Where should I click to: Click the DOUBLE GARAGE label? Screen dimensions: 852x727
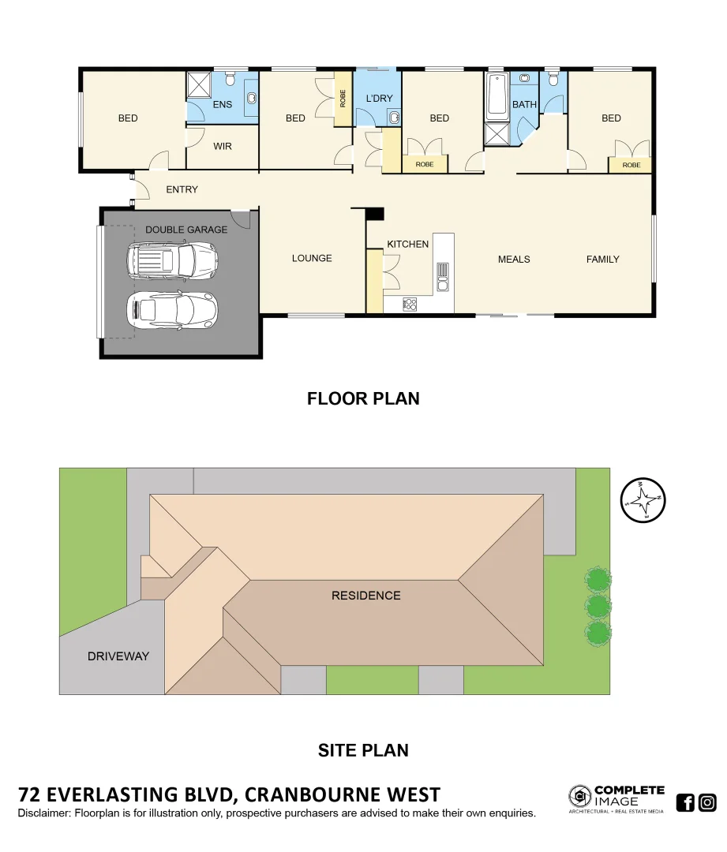click(x=185, y=230)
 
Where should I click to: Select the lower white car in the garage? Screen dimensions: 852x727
click(x=172, y=310)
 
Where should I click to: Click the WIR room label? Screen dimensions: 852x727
click(x=223, y=146)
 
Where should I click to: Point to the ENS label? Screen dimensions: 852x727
click(x=223, y=104)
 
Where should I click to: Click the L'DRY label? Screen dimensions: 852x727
click(x=379, y=99)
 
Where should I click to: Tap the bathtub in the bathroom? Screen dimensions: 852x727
click(x=497, y=97)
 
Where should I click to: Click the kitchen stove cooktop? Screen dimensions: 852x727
click(x=410, y=303)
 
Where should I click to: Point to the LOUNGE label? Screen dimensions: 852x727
click(x=311, y=258)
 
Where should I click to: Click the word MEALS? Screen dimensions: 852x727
click(x=514, y=259)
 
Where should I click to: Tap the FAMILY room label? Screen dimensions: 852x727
click(x=602, y=259)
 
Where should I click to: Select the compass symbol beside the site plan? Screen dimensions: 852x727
click(x=643, y=499)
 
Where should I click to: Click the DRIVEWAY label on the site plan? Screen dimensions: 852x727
click(x=118, y=656)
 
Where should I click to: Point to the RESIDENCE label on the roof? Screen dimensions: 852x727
click(x=365, y=596)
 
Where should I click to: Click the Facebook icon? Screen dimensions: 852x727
click(x=685, y=803)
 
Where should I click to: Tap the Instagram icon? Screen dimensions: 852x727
click(x=708, y=803)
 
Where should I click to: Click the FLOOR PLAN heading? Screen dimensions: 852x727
click(x=363, y=399)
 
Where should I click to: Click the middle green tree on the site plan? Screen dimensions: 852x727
click(x=598, y=606)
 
